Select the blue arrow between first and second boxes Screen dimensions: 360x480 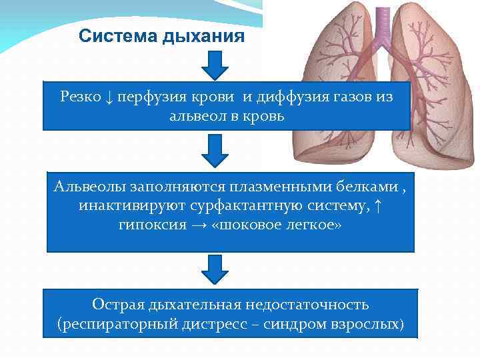pyautogui.click(x=214, y=151)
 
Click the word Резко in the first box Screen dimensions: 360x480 pyautogui.click(x=79, y=97)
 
